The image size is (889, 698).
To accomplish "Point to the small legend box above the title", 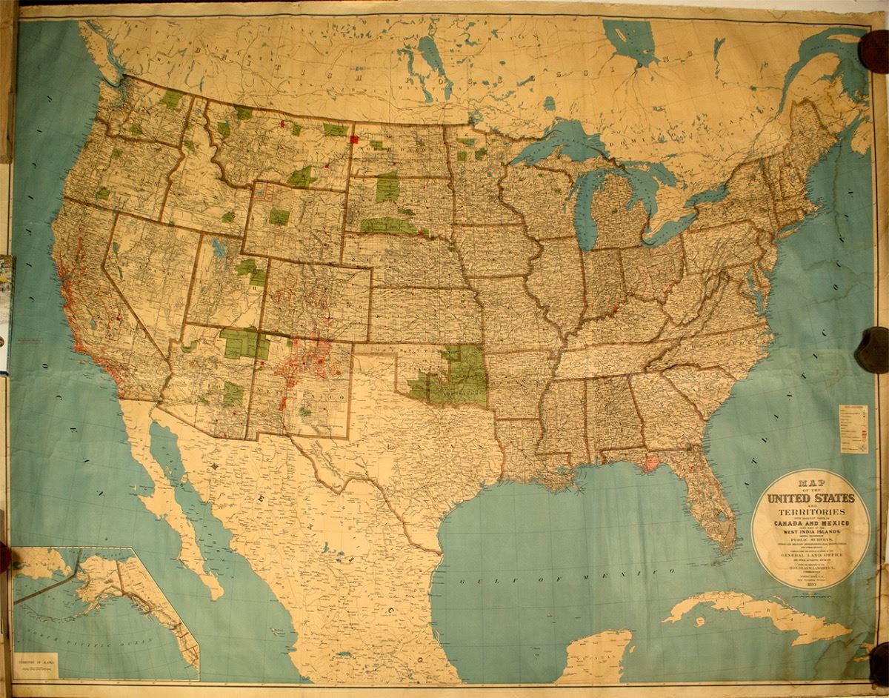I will click(853, 428).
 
